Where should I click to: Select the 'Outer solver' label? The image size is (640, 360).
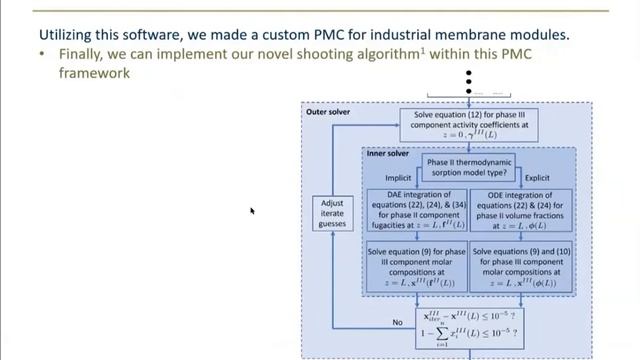click(328, 112)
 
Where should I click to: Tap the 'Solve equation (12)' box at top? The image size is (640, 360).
click(468, 125)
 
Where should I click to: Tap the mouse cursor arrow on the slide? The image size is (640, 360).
click(252, 211)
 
